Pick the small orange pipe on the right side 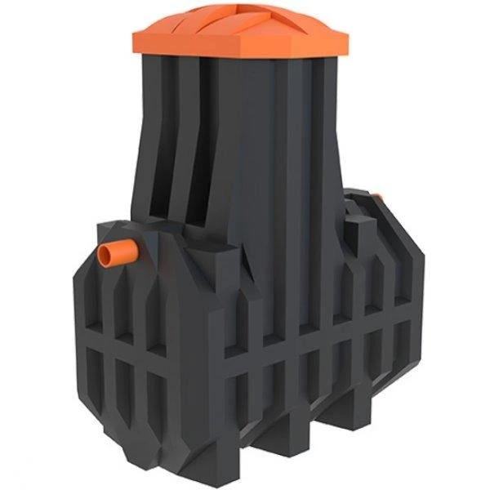pos(377,196)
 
